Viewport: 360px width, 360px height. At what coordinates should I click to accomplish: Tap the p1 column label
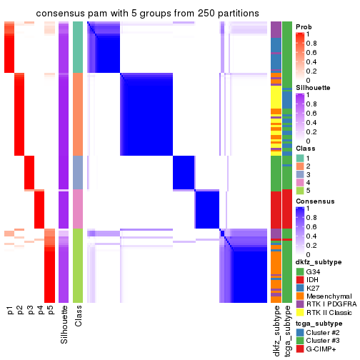[10, 310]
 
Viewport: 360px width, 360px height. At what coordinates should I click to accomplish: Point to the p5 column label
[50, 310]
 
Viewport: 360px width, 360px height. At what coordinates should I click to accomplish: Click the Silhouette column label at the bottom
[64, 323]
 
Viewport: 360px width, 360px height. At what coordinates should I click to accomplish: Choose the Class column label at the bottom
[79, 315]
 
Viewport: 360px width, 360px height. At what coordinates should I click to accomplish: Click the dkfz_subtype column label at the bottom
[276, 329]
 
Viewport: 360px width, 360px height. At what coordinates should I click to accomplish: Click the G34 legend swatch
[300, 271]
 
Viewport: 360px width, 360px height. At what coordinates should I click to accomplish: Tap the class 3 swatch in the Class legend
[300, 174]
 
